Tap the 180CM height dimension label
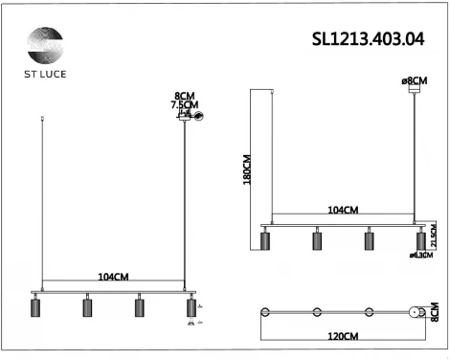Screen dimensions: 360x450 click(246, 169)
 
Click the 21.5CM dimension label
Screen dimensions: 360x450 click(433, 237)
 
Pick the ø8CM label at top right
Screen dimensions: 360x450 click(414, 81)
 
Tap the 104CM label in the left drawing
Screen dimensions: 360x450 click(113, 277)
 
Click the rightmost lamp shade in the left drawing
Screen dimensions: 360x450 click(191, 307)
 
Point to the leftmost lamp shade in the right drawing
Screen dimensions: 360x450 click(265, 239)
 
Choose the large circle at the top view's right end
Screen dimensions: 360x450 click(416, 313)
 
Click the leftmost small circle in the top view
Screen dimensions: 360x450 click(266, 313)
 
